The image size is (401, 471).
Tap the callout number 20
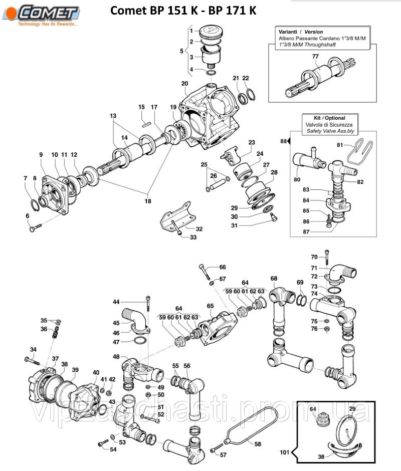click(184, 83)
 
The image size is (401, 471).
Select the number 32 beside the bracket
click(199, 228)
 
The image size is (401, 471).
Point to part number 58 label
click(258, 444)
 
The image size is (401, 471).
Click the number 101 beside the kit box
click(285, 453)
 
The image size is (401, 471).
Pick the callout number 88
click(283, 141)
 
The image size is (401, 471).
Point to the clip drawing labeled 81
click(360, 152)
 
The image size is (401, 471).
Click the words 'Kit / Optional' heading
click(329, 118)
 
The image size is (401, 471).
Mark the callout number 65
click(210, 306)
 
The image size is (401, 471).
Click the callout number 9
click(41, 155)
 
